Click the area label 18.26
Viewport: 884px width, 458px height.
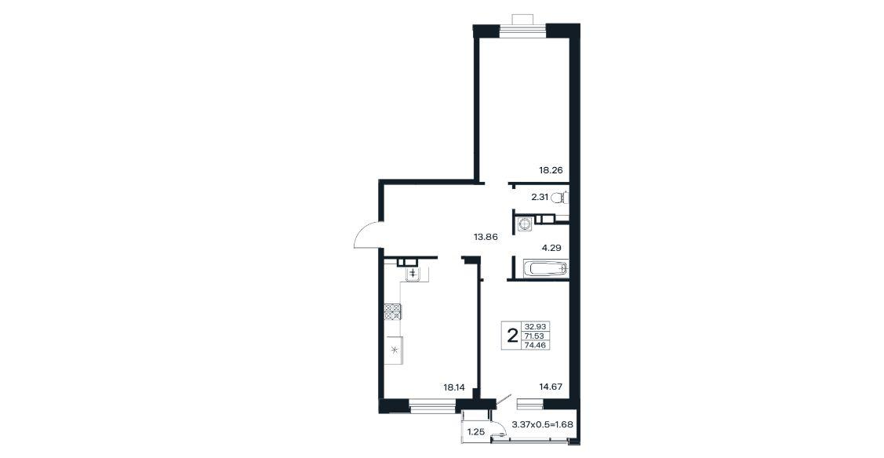(x=551, y=169)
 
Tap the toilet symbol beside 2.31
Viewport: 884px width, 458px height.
(x=560, y=197)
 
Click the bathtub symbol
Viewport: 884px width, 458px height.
(x=544, y=269)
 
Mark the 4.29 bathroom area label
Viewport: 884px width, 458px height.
(x=551, y=247)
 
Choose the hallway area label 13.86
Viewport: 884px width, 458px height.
(x=486, y=237)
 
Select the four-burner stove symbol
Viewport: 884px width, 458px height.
(x=393, y=311)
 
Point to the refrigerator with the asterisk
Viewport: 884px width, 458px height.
(x=393, y=350)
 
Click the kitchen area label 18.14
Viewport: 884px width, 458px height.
(x=454, y=387)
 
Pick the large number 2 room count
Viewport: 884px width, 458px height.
(x=512, y=336)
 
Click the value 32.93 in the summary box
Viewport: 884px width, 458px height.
(x=537, y=326)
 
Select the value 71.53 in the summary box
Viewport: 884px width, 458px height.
(x=537, y=336)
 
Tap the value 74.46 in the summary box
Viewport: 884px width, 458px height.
(x=537, y=345)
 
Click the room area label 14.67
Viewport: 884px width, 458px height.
(x=551, y=387)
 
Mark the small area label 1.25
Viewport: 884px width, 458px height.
(x=476, y=432)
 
